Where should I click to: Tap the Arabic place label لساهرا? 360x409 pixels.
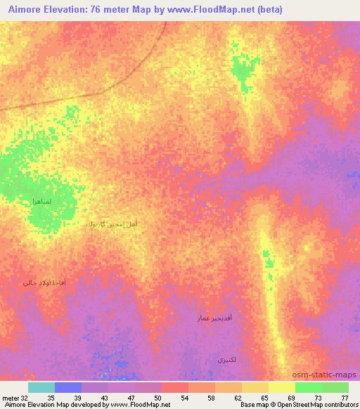pos(41,202)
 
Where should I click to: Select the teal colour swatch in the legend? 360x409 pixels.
pos(41,387)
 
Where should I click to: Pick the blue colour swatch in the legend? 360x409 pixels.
pos(68,387)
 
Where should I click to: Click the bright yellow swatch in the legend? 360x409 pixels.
pos(281,387)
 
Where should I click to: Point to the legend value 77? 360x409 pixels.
pos(344,397)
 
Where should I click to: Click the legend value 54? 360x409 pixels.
pos(184,397)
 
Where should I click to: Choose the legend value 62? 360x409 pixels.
pos(238,397)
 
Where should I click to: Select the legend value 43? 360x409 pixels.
pos(104,397)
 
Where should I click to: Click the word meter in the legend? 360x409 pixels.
pos(9,397)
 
